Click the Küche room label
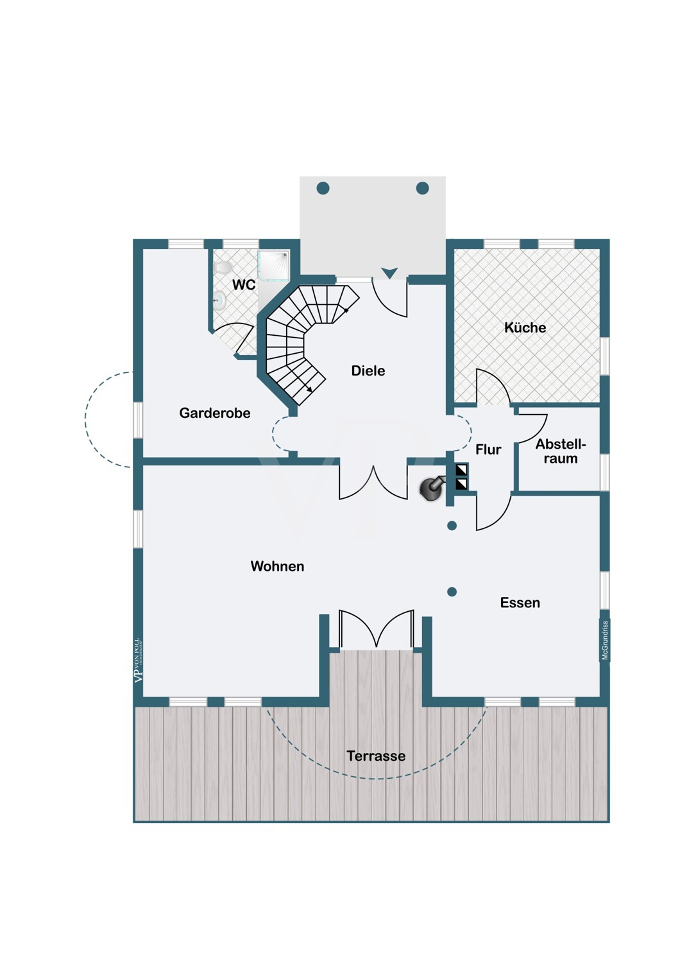pos(525,327)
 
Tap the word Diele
pos(368,370)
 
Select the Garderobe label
pos(215,413)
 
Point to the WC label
pos(244,284)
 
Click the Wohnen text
pos(277,566)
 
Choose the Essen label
pos(520,603)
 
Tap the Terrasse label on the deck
pos(376,756)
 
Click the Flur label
pos(488,449)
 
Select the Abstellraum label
pos(561,451)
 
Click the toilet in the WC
pos(223,266)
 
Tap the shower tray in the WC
pos(274,266)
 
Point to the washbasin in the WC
pos(219,300)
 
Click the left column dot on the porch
pos(323,188)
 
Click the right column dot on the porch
pos(422,188)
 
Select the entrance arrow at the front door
pos(389,273)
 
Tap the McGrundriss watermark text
pos(604,640)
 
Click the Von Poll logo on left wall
pos(137,660)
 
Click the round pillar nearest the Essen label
pos(452,592)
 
